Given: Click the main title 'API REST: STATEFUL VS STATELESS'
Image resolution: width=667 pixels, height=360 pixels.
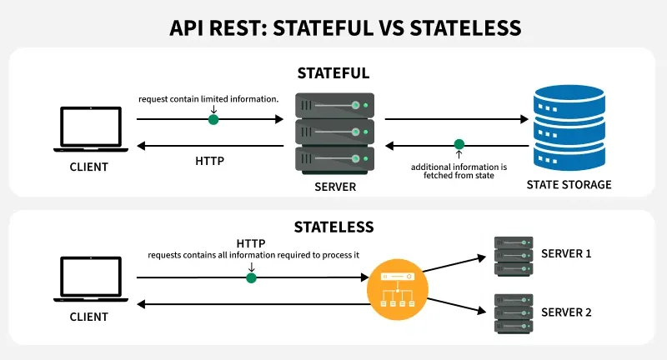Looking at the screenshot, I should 333,27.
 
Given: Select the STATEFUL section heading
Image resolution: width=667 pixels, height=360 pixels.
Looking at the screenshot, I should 333,73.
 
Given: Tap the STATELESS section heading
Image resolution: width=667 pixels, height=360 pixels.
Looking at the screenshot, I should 333,226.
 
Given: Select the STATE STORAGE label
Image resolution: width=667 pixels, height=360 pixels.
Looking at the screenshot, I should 569,184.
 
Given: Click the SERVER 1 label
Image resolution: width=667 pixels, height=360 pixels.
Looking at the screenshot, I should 566,252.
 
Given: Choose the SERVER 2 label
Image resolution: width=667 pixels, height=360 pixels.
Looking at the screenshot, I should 566,312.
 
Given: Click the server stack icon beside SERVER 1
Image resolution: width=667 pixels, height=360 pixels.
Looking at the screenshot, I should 513,253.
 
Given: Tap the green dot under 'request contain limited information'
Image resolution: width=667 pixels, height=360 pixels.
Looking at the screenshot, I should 213,119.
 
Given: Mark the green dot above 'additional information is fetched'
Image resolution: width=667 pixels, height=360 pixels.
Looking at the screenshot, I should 459,145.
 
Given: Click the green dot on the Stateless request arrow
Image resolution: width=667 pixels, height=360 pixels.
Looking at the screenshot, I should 250,277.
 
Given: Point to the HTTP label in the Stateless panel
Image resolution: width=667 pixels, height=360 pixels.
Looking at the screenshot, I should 250,242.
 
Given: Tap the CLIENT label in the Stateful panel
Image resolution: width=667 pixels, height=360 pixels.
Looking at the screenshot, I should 89,167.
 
